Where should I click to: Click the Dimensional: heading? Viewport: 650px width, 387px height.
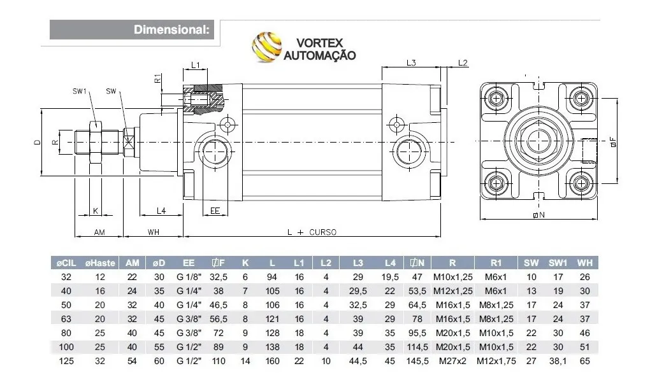tap(170, 29)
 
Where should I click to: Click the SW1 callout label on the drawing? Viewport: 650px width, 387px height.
tap(80, 91)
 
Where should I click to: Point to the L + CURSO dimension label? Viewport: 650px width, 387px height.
tap(312, 232)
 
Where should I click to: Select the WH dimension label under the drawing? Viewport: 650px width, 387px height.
tap(153, 232)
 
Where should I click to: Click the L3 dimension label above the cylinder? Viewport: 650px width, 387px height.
tap(411, 62)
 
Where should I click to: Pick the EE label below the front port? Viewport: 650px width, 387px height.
tap(215, 210)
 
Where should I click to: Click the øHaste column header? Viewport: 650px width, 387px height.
tap(99, 263)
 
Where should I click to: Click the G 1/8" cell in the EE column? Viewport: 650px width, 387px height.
tap(189, 277)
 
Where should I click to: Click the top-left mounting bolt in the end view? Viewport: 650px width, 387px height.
tap(497, 98)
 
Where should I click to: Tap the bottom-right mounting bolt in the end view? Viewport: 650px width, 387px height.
tap(581, 184)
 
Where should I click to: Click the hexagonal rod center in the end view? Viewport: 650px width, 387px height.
tap(538, 141)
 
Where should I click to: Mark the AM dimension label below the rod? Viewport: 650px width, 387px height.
tap(99, 232)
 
